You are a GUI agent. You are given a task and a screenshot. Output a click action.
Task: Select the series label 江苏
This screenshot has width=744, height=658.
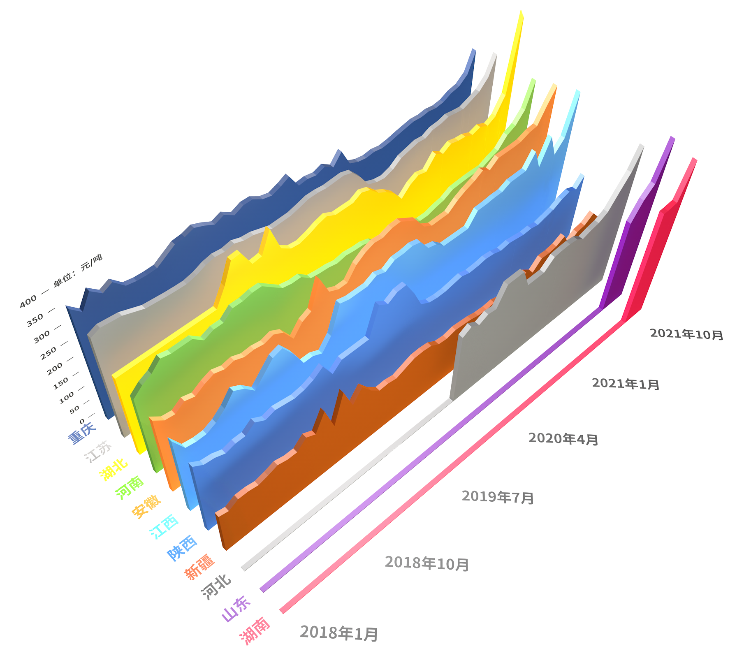[x=98, y=451]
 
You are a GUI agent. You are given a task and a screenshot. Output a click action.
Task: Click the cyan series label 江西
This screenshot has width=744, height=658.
[x=164, y=526]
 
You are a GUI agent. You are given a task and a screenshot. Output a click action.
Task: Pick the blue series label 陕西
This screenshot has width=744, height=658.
[x=182, y=547]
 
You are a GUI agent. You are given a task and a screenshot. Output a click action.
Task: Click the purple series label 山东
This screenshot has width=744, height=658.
[x=236, y=609]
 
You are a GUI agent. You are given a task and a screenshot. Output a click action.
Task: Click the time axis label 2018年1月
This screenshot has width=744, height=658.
[x=339, y=633]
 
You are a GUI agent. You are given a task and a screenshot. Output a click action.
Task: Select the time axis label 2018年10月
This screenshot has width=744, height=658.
[x=427, y=563]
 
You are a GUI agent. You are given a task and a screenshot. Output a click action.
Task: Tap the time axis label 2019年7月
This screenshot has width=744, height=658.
[x=498, y=497]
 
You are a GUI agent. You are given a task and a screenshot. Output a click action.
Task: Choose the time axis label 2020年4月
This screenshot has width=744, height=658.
[x=563, y=439]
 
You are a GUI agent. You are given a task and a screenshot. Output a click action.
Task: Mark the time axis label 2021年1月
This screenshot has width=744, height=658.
[x=626, y=384]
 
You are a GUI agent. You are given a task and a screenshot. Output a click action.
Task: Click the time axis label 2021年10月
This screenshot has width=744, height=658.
[x=686, y=334]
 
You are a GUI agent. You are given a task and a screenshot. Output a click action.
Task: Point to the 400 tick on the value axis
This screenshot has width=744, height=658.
[x=28, y=302]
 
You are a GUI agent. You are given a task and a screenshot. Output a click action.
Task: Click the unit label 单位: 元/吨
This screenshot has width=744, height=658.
[x=78, y=270]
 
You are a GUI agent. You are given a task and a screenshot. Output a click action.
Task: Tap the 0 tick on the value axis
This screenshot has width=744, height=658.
[x=82, y=420]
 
